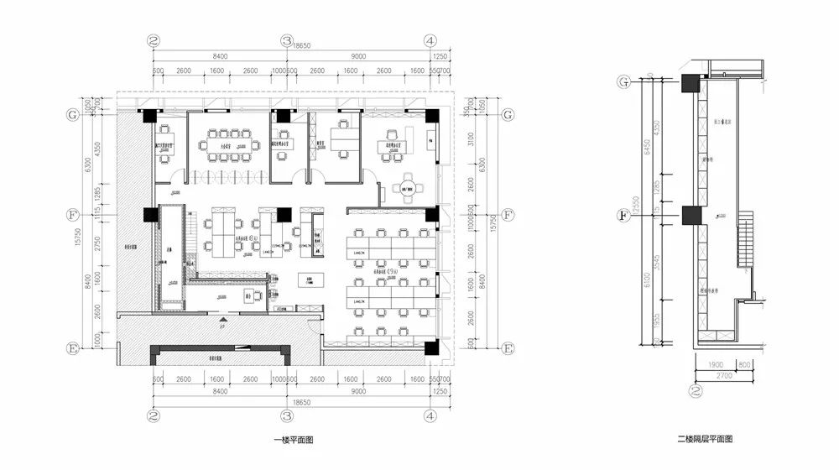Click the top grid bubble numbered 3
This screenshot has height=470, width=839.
tap(287, 40)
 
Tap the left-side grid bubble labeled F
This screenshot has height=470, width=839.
tap(73, 215)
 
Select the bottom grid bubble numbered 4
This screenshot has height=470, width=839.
tap(430, 415)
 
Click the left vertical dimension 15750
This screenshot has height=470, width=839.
tap(77, 238)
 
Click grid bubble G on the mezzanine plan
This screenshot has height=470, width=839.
tap(623, 81)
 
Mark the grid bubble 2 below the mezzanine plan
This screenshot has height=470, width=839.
tap(694, 390)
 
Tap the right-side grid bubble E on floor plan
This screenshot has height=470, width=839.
tap(507, 347)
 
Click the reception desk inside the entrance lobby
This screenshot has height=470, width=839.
tap(248, 295)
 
